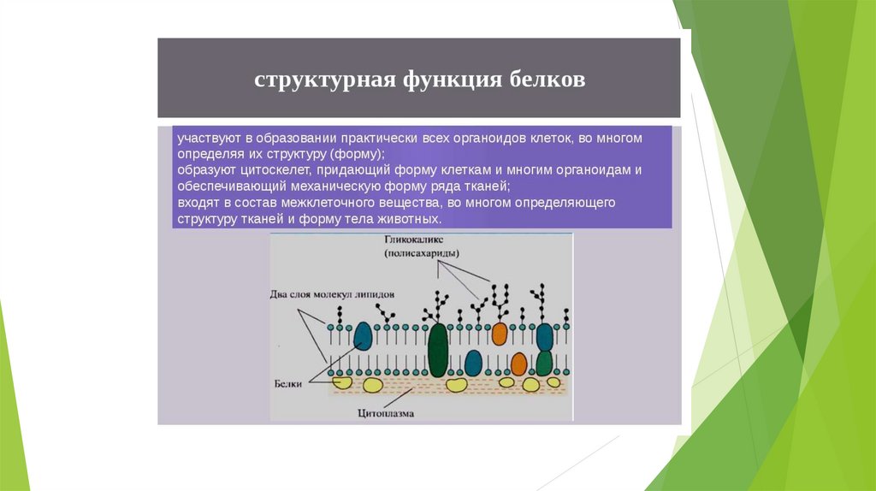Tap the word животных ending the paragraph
[420, 219]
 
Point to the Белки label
[290, 386]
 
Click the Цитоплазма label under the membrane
[386, 414]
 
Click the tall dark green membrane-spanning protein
[438, 350]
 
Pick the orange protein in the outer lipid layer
[500, 332]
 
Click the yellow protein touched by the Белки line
[342, 382]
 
